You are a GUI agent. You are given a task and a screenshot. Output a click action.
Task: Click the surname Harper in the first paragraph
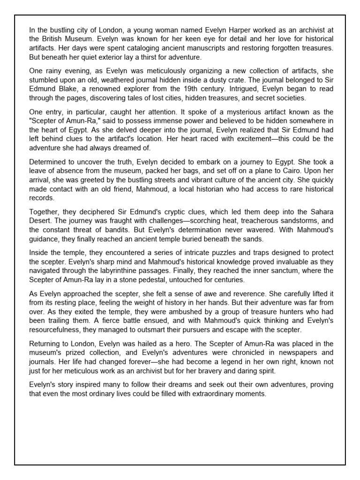pos(223,30)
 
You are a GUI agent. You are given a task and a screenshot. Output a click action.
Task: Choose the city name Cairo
pos(275,171)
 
